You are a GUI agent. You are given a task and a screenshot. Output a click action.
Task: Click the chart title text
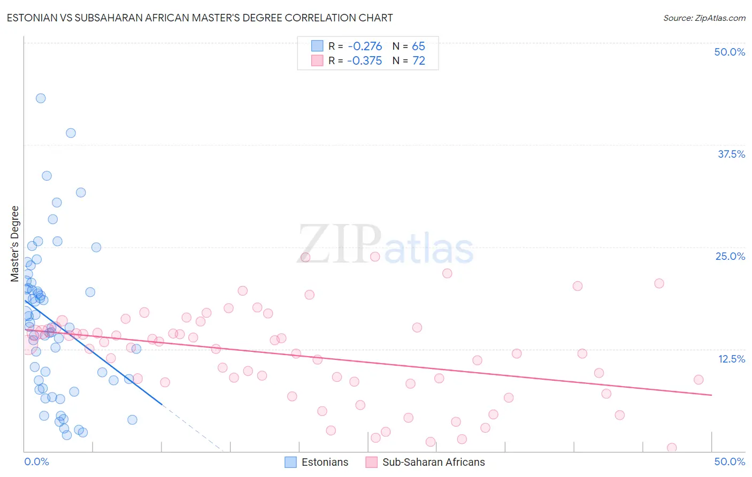(x=199, y=18)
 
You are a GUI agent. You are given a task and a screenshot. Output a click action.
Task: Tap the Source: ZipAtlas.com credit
(x=704, y=18)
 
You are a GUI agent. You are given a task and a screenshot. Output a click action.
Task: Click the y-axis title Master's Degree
(x=15, y=243)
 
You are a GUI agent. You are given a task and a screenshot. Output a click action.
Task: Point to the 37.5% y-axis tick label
(x=731, y=154)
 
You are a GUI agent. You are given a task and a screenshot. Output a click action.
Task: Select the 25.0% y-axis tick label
(x=730, y=256)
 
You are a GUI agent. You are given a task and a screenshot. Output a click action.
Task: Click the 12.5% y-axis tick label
(x=731, y=359)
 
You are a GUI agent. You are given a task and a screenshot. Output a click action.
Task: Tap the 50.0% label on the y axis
(x=730, y=52)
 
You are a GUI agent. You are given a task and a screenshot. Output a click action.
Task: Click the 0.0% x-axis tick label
(x=36, y=461)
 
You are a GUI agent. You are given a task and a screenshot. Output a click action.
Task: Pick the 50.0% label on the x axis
(x=730, y=461)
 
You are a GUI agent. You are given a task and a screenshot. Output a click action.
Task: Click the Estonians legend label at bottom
(x=325, y=462)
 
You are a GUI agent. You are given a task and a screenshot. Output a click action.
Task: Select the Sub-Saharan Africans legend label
(x=433, y=462)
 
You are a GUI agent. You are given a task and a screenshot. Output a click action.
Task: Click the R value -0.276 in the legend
(x=365, y=47)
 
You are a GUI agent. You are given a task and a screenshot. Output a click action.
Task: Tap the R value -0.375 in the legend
(x=365, y=61)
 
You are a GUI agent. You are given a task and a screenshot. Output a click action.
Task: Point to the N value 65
(x=418, y=47)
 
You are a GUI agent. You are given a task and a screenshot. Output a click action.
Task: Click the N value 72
(x=418, y=61)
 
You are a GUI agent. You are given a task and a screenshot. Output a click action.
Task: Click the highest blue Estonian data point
(x=41, y=98)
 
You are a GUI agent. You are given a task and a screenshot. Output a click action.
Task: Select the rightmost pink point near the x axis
(x=672, y=448)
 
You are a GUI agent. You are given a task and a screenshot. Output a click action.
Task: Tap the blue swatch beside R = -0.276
(x=317, y=46)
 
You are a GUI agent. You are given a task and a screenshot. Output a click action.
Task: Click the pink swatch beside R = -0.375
(x=317, y=60)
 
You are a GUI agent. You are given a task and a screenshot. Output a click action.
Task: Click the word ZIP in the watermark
(x=339, y=244)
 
